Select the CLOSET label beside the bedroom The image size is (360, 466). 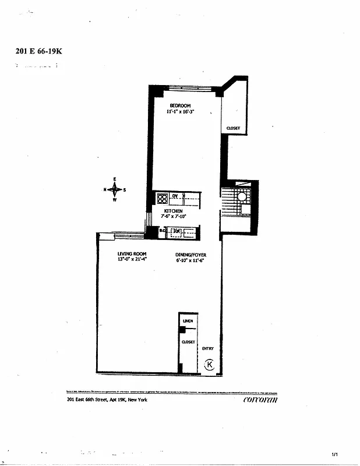tap(233, 129)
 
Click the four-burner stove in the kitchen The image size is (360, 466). tap(162, 198)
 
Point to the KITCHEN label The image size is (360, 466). tap(173, 211)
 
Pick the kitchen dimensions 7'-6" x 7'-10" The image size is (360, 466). tap(173, 216)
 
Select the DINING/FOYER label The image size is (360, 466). tap(190, 255)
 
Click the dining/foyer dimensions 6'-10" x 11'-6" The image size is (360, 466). tap(190, 260)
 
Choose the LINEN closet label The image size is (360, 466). tap(188, 321)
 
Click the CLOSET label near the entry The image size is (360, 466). tap(188, 343)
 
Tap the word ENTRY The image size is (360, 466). tap(208, 349)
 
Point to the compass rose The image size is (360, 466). tap(115, 189)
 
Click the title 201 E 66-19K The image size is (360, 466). tap(38, 51)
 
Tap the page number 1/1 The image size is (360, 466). tap(335, 453)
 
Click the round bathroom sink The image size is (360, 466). tap(242, 197)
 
